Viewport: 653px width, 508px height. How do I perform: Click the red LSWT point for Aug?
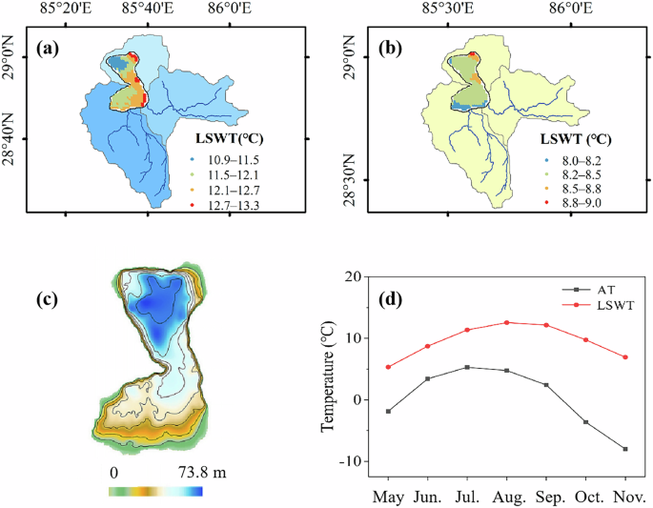pyautogui.click(x=506, y=322)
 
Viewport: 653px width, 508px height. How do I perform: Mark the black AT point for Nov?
pyautogui.click(x=625, y=449)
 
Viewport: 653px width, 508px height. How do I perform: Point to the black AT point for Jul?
pyautogui.click(x=467, y=367)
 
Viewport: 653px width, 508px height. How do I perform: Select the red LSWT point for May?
pyautogui.click(x=387, y=367)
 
